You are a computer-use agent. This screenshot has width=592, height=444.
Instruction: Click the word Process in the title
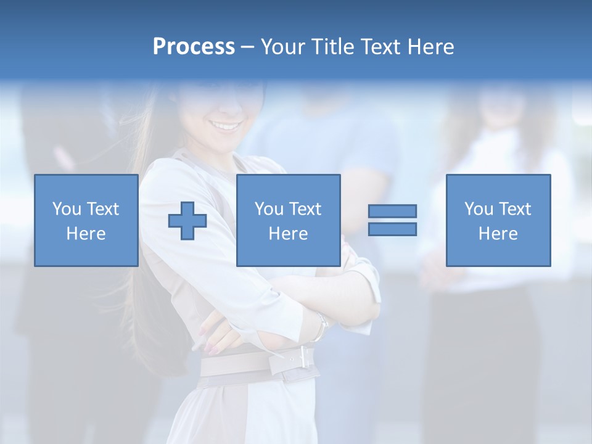(194, 47)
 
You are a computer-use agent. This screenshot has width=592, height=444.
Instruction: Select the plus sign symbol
(187, 220)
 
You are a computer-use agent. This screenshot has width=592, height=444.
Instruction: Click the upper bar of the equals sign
(392, 211)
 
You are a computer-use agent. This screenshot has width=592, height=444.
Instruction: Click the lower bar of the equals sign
(392, 229)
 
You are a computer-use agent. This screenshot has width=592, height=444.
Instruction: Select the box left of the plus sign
(86, 220)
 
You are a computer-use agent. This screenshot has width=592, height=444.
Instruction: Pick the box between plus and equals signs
(288, 220)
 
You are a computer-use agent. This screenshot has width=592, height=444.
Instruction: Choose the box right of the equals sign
(498, 220)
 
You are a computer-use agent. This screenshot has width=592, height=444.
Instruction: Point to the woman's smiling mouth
(226, 126)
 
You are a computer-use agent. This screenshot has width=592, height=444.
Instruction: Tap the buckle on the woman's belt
(302, 356)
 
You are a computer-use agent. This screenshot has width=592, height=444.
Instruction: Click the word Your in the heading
(283, 47)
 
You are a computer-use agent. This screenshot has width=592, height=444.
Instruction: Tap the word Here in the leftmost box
(86, 234)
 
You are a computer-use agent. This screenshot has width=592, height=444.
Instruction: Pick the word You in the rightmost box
(479, 209)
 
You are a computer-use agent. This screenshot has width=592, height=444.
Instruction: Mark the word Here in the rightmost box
(498, 234)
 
